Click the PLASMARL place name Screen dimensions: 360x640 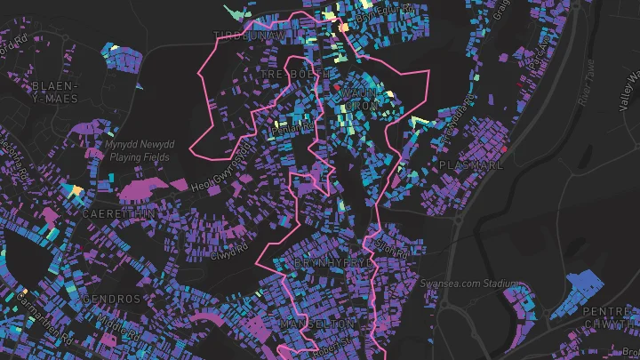(471, 165)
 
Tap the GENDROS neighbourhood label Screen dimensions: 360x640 (111, 300)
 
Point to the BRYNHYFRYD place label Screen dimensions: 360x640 (334, 264)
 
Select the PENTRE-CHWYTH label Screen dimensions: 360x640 (610, 318)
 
